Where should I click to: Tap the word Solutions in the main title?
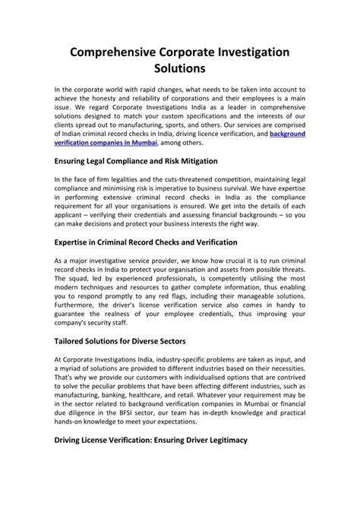point(179,68)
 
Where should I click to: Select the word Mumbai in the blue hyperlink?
point(138,141)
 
